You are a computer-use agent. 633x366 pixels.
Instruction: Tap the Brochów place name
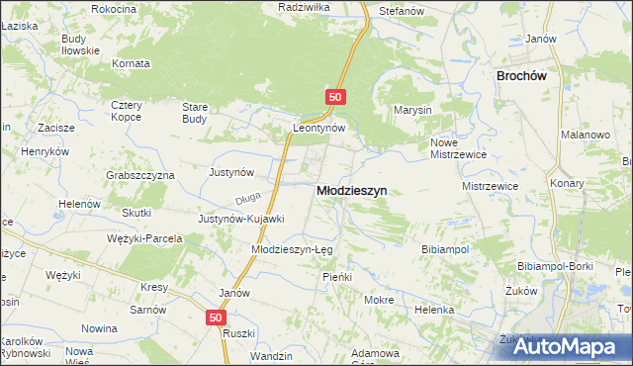(x=521, y=75)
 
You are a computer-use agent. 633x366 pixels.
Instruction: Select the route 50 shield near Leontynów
(x=335, y=97)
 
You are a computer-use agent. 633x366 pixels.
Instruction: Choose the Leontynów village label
(x=318, y=129)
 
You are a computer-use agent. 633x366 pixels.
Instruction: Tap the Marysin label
(x=412, y=110)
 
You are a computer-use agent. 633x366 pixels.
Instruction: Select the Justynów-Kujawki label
(x=241, y=219)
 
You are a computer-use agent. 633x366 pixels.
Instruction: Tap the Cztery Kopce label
(x=127, y=111)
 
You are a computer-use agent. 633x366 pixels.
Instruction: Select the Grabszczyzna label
(x=139, y=174)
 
